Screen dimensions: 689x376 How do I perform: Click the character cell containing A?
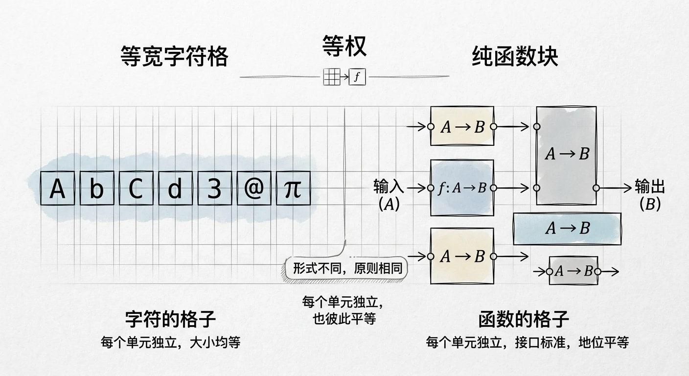click(x=58, y=188)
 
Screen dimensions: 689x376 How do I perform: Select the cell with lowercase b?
click(x=97, y=188)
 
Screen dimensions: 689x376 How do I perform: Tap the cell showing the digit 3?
click(x=215, y=188)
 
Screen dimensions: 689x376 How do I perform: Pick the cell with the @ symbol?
click(x=254, y=188)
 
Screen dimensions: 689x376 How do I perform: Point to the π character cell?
click(x=294, y=188)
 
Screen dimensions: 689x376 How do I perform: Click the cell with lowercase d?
click(x=176, y=188)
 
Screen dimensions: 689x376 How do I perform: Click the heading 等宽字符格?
click(x=174, y=56)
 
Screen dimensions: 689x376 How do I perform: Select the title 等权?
click(x=344, y=46)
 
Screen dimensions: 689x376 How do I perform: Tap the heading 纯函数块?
click(x=515, y=56)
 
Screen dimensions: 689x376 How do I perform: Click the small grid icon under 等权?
click(x=332, y=76)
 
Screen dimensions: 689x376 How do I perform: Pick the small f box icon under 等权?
click(x=357, y=76)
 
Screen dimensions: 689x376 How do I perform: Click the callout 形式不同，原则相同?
click(x=347, y=268)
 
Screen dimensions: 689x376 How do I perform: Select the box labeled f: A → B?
click(x=462, y=188)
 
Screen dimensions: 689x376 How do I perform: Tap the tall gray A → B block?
click(x=567, y=155)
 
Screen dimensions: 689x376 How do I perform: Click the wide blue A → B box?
click(x=567, y=229)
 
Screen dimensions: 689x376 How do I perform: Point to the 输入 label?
click(x=389, y=187)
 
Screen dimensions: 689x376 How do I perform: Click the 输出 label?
click(x=650, y=187)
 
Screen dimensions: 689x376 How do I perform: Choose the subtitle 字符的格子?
click(x=170, y=319)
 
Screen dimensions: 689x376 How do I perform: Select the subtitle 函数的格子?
click(x=524, y=319)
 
